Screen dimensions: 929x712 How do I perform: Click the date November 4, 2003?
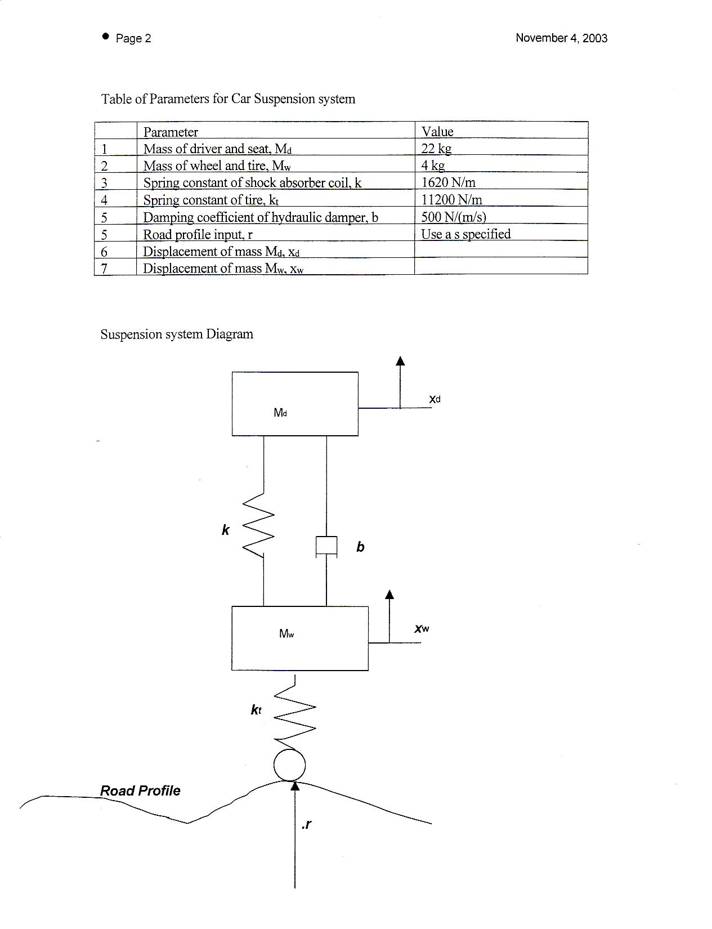(561, 38)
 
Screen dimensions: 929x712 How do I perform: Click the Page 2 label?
(133, 38)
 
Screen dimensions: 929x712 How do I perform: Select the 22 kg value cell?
(436, 148)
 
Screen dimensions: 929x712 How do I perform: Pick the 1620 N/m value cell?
(448, 182)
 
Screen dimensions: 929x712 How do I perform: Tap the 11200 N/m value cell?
(451, 199)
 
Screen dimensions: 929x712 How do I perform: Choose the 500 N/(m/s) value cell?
(453, 217)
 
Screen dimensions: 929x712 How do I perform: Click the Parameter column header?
(171, 132)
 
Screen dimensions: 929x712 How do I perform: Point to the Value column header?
(437, 132)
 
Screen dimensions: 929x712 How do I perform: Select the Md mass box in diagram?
(295, 404)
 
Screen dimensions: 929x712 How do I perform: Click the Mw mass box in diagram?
(299, 638)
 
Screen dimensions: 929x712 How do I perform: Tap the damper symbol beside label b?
(326, 547)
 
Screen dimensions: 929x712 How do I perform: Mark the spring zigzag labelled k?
(258, 525)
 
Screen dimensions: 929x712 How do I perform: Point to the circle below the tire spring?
(289, 765)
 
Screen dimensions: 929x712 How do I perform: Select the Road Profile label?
(140, 790)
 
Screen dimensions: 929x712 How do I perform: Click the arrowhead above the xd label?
(400, 361)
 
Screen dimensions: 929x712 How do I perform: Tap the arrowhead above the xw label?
(389, 595)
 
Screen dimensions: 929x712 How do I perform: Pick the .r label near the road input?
(307, 825)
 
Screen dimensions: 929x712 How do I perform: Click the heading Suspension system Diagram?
(177, 334)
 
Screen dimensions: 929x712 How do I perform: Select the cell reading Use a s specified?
(465, 234)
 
